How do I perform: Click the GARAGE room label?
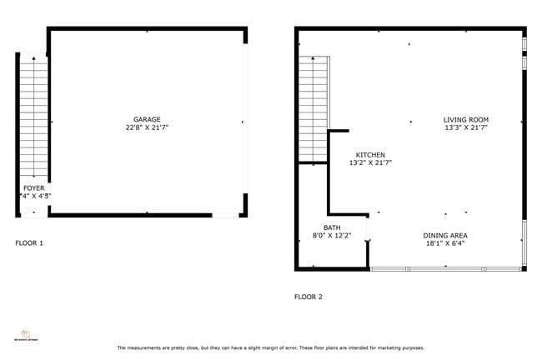pyautogui.click(x=147, y=119)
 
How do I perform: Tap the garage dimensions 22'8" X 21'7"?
pyautogui.click(x=147, y=127)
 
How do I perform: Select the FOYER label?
pyautogui.click(x=33, y=188)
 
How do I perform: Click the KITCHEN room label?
pyautogui.click(x=370, y=155)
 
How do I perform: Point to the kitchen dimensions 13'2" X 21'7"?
pyautogui.click(x=370, y=163)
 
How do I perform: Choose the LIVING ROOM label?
pyautogui.click(x=465, y=120)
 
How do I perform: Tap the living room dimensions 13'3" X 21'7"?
pyautogui.click(x=465, y=128)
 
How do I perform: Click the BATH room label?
pyautogui.click(x=332, y=227)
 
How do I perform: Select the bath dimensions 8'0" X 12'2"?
pyautogui.click(x=332, y=236)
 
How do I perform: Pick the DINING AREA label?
pyautogui.click(x=444, y=236)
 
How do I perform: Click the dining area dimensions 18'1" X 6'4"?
pyautogui.click(x=444, y=244)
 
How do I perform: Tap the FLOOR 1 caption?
pyautogui.click(x=29, y=243)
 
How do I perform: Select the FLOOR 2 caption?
pyautogui.click(x=308, y=297)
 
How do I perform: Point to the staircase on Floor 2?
pyautogui.click(x=315, y=108)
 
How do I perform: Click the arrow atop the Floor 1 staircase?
pyautogui.click(x=33, y=60)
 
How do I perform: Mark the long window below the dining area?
pyautogui.click(x=446, y=268)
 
